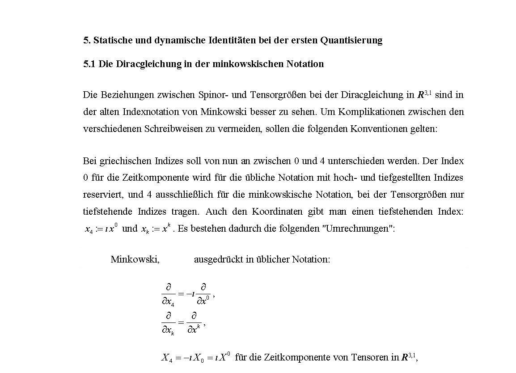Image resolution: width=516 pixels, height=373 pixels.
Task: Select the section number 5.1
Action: click(89, 64)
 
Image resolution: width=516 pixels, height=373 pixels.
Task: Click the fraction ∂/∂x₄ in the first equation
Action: click(168, 294)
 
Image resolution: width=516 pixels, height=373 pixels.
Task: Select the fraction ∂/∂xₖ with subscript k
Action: click(168, 323)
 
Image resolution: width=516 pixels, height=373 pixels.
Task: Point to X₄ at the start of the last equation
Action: click(167, 358)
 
